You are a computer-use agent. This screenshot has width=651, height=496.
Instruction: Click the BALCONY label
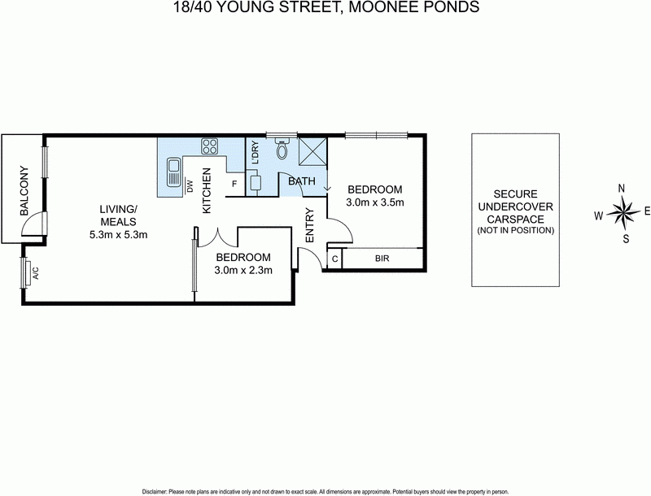(24, 190)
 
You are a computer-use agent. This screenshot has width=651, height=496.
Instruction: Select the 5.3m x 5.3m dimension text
(118, 234)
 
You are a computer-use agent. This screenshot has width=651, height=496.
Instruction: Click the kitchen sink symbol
(173, 173)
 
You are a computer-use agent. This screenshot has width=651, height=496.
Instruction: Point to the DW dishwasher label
(189, 186)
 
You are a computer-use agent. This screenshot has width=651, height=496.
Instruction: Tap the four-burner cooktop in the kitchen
(210, 147)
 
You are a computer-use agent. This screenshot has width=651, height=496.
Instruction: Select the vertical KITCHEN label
(207, 190)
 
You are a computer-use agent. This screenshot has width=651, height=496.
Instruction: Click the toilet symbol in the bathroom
(282, 150)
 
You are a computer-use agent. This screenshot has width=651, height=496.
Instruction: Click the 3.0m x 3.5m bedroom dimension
(375, 202)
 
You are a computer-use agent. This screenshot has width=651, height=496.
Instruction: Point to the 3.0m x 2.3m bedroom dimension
(242, 270)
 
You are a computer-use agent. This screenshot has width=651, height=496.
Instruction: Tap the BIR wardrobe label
(382, 260)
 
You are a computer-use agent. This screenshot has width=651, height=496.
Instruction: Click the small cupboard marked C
(334, 260)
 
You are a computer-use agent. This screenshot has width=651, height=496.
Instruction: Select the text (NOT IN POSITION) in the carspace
(515, 230)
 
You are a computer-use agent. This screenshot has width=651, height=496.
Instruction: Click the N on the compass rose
(622, 188)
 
